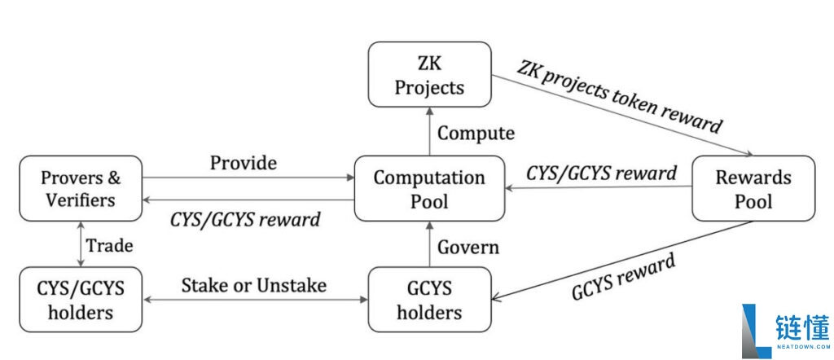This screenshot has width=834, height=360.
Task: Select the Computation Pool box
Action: (x=429, y=189)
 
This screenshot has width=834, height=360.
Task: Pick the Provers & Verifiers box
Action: (x=80, y=189)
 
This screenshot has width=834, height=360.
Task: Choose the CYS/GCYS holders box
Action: (x=80, y=299)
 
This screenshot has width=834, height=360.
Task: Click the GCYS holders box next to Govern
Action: (x=429, y=299)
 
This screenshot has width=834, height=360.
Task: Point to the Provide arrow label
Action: (x=243, y=163)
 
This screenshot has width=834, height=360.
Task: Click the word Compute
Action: (x=476, y=133)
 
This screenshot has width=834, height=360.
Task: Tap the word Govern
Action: (x=471, y=247)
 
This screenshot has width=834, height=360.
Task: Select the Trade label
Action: (x=109, y=245)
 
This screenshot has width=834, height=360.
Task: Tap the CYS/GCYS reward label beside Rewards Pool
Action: (x=600, y=173)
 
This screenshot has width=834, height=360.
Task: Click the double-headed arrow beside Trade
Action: (x=80, y=244)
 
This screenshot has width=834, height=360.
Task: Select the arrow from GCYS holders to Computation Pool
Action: (x=429, y=245)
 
